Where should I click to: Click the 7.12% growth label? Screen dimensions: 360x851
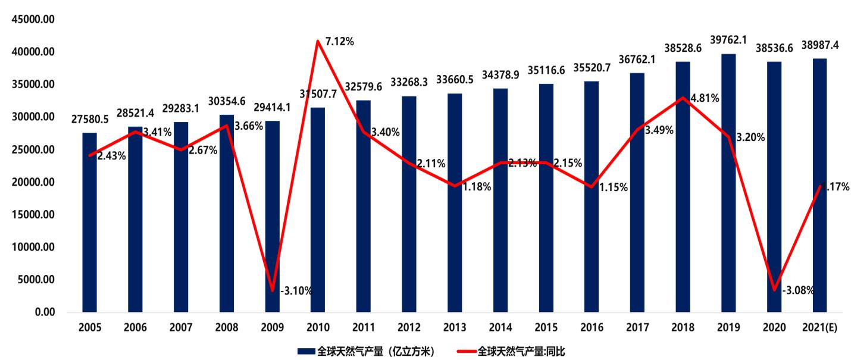click(339, 42)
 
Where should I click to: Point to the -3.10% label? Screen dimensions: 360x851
click(296, 291)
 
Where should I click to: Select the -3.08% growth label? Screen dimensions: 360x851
click(799, 290)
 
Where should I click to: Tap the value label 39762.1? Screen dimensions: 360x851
click(728, 40)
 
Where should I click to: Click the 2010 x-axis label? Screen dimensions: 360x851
click(318, 328)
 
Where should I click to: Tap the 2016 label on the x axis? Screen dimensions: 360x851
click(591, 328)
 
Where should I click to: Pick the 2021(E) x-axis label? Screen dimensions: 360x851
click(819, 328)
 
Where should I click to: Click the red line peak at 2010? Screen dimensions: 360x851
click(318, 41)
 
